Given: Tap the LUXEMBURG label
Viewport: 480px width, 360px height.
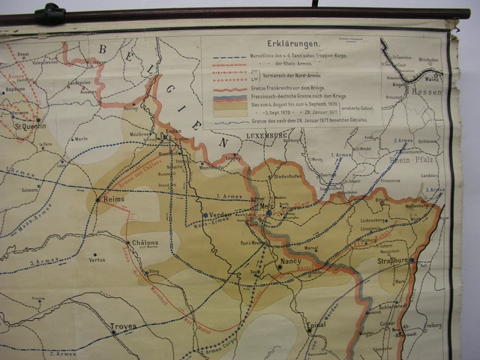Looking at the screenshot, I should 266,135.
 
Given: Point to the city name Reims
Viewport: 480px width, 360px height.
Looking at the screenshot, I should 112,199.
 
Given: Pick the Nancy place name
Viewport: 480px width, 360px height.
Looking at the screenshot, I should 290,262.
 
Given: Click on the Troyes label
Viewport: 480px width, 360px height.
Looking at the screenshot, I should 124,327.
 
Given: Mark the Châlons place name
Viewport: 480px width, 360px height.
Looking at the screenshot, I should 145,243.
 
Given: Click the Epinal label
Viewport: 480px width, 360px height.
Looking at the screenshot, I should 319,326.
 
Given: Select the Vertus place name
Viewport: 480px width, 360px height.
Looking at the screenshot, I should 97,259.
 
